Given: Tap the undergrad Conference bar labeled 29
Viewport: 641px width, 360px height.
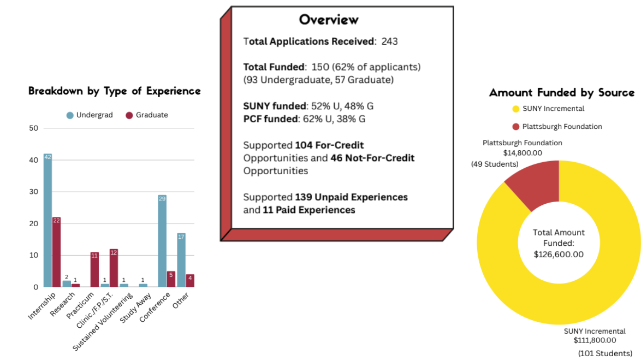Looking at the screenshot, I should (162, 241).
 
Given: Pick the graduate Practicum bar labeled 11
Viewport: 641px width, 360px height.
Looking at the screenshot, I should (94, 269).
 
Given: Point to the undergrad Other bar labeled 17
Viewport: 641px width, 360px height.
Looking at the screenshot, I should (181, 260).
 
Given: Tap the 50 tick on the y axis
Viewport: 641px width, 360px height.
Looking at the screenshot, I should (34, 128).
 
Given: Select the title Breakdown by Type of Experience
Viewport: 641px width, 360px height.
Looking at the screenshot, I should (115, 91).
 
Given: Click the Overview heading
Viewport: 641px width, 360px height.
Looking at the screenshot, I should (329, 20).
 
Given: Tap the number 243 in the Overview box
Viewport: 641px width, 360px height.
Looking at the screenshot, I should (390, 41).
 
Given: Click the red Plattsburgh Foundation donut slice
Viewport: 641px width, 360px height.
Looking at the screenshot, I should (535, 183).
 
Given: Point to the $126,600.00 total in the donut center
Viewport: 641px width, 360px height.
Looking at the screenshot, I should (559, 254).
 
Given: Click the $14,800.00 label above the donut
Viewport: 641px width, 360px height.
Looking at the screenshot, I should (522, 153).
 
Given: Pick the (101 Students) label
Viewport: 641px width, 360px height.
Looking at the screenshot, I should (605, 353).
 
